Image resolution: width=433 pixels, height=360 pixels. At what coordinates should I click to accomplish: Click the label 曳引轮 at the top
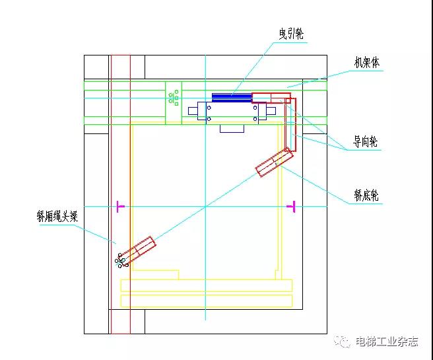(x=292, y=32)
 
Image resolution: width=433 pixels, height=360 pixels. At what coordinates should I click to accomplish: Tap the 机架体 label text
(x=367, y=63)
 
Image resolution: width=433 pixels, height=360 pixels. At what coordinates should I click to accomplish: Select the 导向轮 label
(x=366, y=142)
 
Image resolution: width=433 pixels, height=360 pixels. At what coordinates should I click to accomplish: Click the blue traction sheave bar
(x=232, y=97)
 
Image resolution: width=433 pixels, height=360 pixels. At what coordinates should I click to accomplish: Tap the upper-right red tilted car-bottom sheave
(x=273, y=162)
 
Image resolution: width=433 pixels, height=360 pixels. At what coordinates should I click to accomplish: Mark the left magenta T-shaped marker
(x=119, y=207)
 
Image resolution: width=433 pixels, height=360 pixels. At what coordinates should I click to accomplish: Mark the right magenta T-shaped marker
(x=290, y=207)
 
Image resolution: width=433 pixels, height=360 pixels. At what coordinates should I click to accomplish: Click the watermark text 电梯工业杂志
(x=387, y=342)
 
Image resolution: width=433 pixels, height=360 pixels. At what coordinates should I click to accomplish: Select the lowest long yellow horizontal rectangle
(x=207, y=301)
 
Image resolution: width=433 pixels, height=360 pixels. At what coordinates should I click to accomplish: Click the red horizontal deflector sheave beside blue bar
(x=271, y=97)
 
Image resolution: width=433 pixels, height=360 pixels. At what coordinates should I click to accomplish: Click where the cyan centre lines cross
(x=206, y=207)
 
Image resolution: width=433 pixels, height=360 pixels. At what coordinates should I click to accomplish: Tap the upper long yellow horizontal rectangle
(x=207, y=285)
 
